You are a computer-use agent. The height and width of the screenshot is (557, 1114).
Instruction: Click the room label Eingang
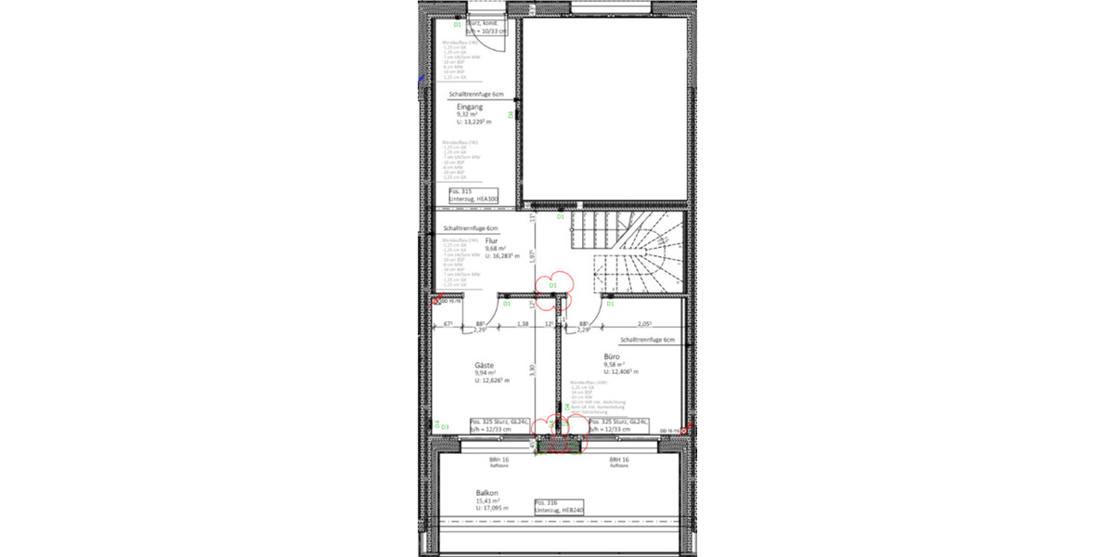tap(469, 107)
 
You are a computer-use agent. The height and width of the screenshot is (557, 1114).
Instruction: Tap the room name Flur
tap(491, 240)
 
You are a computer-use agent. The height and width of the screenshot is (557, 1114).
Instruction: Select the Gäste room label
tap(484, 365)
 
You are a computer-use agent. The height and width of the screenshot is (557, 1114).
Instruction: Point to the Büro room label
tap(611, 356)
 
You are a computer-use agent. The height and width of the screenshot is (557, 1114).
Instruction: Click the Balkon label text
tap(488, 493)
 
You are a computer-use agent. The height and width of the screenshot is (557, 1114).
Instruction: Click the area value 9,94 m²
tap(486, 372)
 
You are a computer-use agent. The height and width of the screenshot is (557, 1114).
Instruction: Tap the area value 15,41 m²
tap(489, 501)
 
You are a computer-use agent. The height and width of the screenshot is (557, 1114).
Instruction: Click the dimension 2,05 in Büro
tap(643, 324)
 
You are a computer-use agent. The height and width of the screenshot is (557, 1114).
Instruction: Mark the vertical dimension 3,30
tap(533, 369)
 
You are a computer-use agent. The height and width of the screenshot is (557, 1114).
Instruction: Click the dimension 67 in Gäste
tap(447, 324)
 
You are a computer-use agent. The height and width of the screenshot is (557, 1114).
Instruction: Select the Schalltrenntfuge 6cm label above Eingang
tap(475, 94)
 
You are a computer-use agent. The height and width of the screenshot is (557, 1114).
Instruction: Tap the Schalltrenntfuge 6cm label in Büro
tap(647, 341)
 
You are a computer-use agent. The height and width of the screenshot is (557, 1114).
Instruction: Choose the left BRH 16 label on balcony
tap(499, 460)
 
